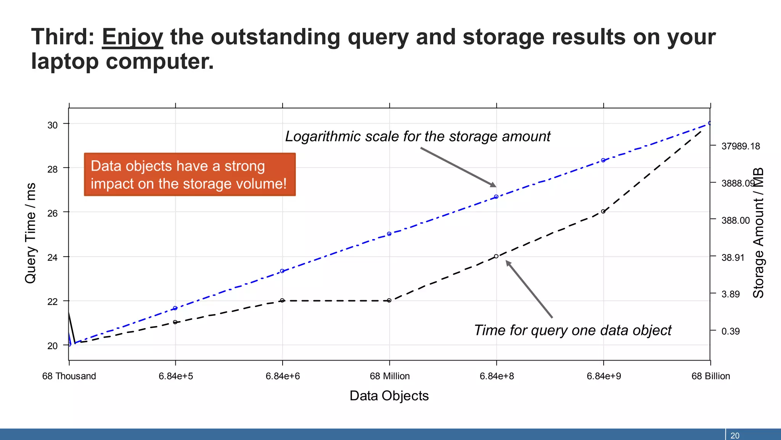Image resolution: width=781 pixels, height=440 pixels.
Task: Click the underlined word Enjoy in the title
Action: pos(132,37)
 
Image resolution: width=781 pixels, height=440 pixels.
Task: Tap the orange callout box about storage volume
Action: pos(190,175)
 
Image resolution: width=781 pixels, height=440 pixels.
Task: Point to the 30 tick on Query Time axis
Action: pos(53,125)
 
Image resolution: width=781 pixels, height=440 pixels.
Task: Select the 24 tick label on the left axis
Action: pos(53,258)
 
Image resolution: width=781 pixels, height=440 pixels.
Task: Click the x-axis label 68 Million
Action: pos(389,376)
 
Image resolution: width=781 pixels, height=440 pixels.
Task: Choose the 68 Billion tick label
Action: pos(710,376)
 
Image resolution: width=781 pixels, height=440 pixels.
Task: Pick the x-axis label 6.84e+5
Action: pos(176,376)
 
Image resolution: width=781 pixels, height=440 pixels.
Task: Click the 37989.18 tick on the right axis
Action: pos(740,146)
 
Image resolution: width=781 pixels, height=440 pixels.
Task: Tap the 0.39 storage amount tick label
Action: pos(730,331)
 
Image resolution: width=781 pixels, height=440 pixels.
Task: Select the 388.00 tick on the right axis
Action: pos(735,220)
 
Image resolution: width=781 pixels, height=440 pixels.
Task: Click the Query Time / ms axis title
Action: pos(31,233)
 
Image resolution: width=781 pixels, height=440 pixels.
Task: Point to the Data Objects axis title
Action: pos(389,396)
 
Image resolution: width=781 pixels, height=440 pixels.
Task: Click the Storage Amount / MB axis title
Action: pos(758,233)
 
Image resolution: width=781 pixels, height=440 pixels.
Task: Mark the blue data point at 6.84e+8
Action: pos(496,197)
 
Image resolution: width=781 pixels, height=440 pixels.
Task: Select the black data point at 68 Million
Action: pos(389,301)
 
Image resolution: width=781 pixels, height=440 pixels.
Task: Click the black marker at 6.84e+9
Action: pos(603,211)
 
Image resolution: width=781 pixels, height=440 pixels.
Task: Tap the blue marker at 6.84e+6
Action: pos(282,271)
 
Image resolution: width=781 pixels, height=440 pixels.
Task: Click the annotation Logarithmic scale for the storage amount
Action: pos(418,136)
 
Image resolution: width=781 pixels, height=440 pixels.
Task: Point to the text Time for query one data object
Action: pos(572,330)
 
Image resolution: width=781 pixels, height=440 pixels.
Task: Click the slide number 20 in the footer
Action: pos(734,435)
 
